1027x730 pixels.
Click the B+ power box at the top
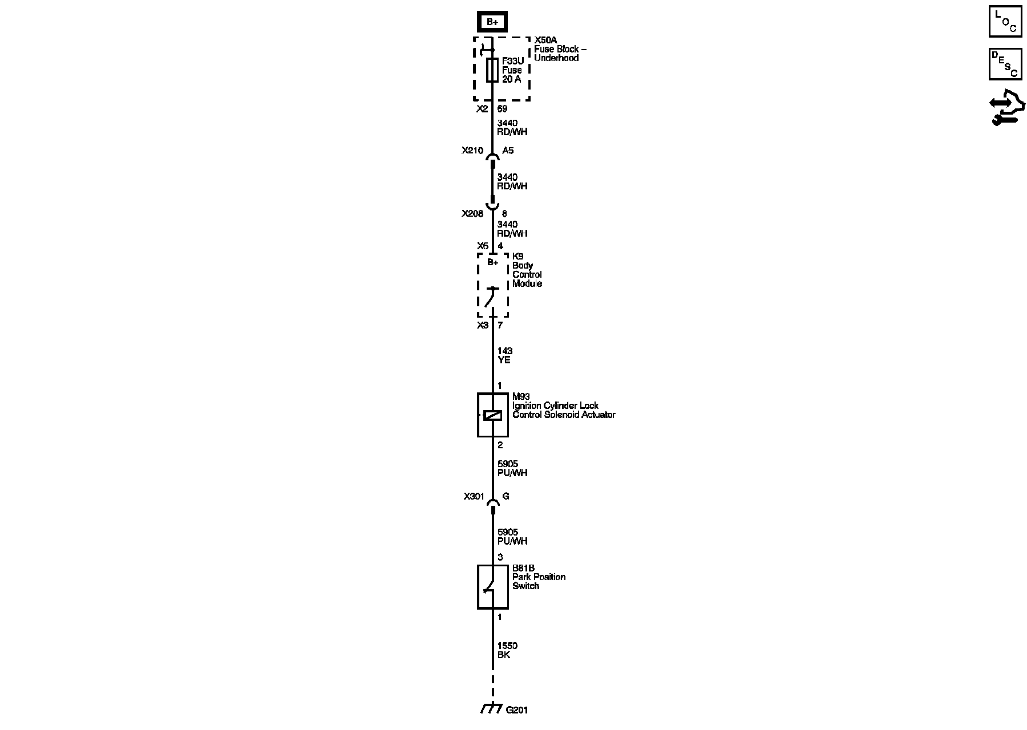point(492,22)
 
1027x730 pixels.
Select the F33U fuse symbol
point(492,70)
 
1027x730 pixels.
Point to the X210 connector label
point(472,151)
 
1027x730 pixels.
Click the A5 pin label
point(507,151)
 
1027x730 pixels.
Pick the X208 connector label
point(472,214)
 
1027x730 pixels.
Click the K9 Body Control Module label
point(527,270)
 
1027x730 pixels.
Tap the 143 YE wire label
point(504,356)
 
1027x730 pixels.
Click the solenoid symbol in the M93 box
point(492,415)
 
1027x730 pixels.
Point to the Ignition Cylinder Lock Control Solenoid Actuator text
point(563,410)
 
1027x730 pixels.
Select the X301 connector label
point(474,497)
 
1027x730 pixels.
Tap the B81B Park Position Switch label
point(538,577)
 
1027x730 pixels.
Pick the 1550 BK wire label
point(507,651)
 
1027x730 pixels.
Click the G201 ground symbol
point(491,709)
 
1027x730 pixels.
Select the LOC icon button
point(1005,21)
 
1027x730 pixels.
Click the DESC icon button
point(1005,64)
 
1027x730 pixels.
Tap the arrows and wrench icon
point(1007,108)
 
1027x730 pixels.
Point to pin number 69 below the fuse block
point(502,109)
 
